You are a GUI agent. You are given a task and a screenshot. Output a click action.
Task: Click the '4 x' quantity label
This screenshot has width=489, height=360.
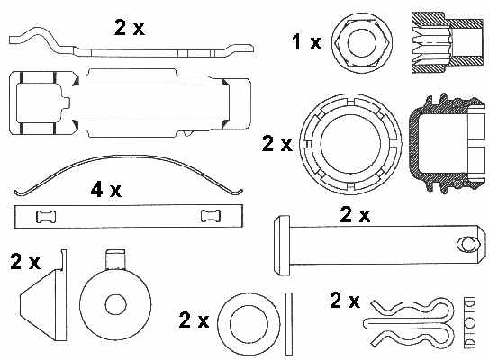pos(105,190)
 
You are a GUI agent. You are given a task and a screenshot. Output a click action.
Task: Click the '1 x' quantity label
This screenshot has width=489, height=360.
pos(306,42)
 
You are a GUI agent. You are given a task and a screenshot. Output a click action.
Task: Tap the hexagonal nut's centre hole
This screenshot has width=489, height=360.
pos(362,43)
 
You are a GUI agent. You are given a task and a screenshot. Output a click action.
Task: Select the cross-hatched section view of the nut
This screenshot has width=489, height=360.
pos(448,42)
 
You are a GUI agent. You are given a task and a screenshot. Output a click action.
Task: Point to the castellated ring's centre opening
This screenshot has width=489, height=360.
pos(351,144)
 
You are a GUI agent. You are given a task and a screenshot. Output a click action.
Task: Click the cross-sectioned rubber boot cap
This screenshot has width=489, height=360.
pos(448,143)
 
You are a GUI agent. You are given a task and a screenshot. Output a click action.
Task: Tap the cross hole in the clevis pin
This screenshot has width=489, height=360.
pos(469,245)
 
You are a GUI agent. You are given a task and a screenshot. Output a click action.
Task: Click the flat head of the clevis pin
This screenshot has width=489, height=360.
pos(282,246)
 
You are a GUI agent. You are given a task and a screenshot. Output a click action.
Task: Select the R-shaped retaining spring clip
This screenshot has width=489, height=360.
pos(409,322)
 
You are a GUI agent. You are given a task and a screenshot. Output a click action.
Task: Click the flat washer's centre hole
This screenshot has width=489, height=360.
pos(249,324)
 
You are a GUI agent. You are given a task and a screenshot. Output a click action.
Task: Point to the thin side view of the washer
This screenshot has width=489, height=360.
pos(289,323)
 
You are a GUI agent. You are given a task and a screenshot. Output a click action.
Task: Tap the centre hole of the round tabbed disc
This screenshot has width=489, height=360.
pos(116,305)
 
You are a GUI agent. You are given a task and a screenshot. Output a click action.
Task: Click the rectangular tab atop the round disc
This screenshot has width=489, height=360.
pos(115,259)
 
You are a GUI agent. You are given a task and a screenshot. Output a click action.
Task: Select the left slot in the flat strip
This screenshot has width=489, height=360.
pos(46,217)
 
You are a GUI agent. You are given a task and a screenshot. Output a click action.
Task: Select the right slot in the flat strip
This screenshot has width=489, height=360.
pos(211,216)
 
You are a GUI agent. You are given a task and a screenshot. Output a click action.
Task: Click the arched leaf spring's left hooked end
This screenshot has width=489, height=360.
pos(19,192)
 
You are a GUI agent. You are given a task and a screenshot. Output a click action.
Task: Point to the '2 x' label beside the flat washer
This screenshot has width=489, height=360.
pos(194,319)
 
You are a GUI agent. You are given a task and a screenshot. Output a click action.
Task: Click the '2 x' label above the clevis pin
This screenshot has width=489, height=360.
pos(355,214)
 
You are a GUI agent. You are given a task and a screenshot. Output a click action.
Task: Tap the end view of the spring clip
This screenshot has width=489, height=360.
pos(470,323)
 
